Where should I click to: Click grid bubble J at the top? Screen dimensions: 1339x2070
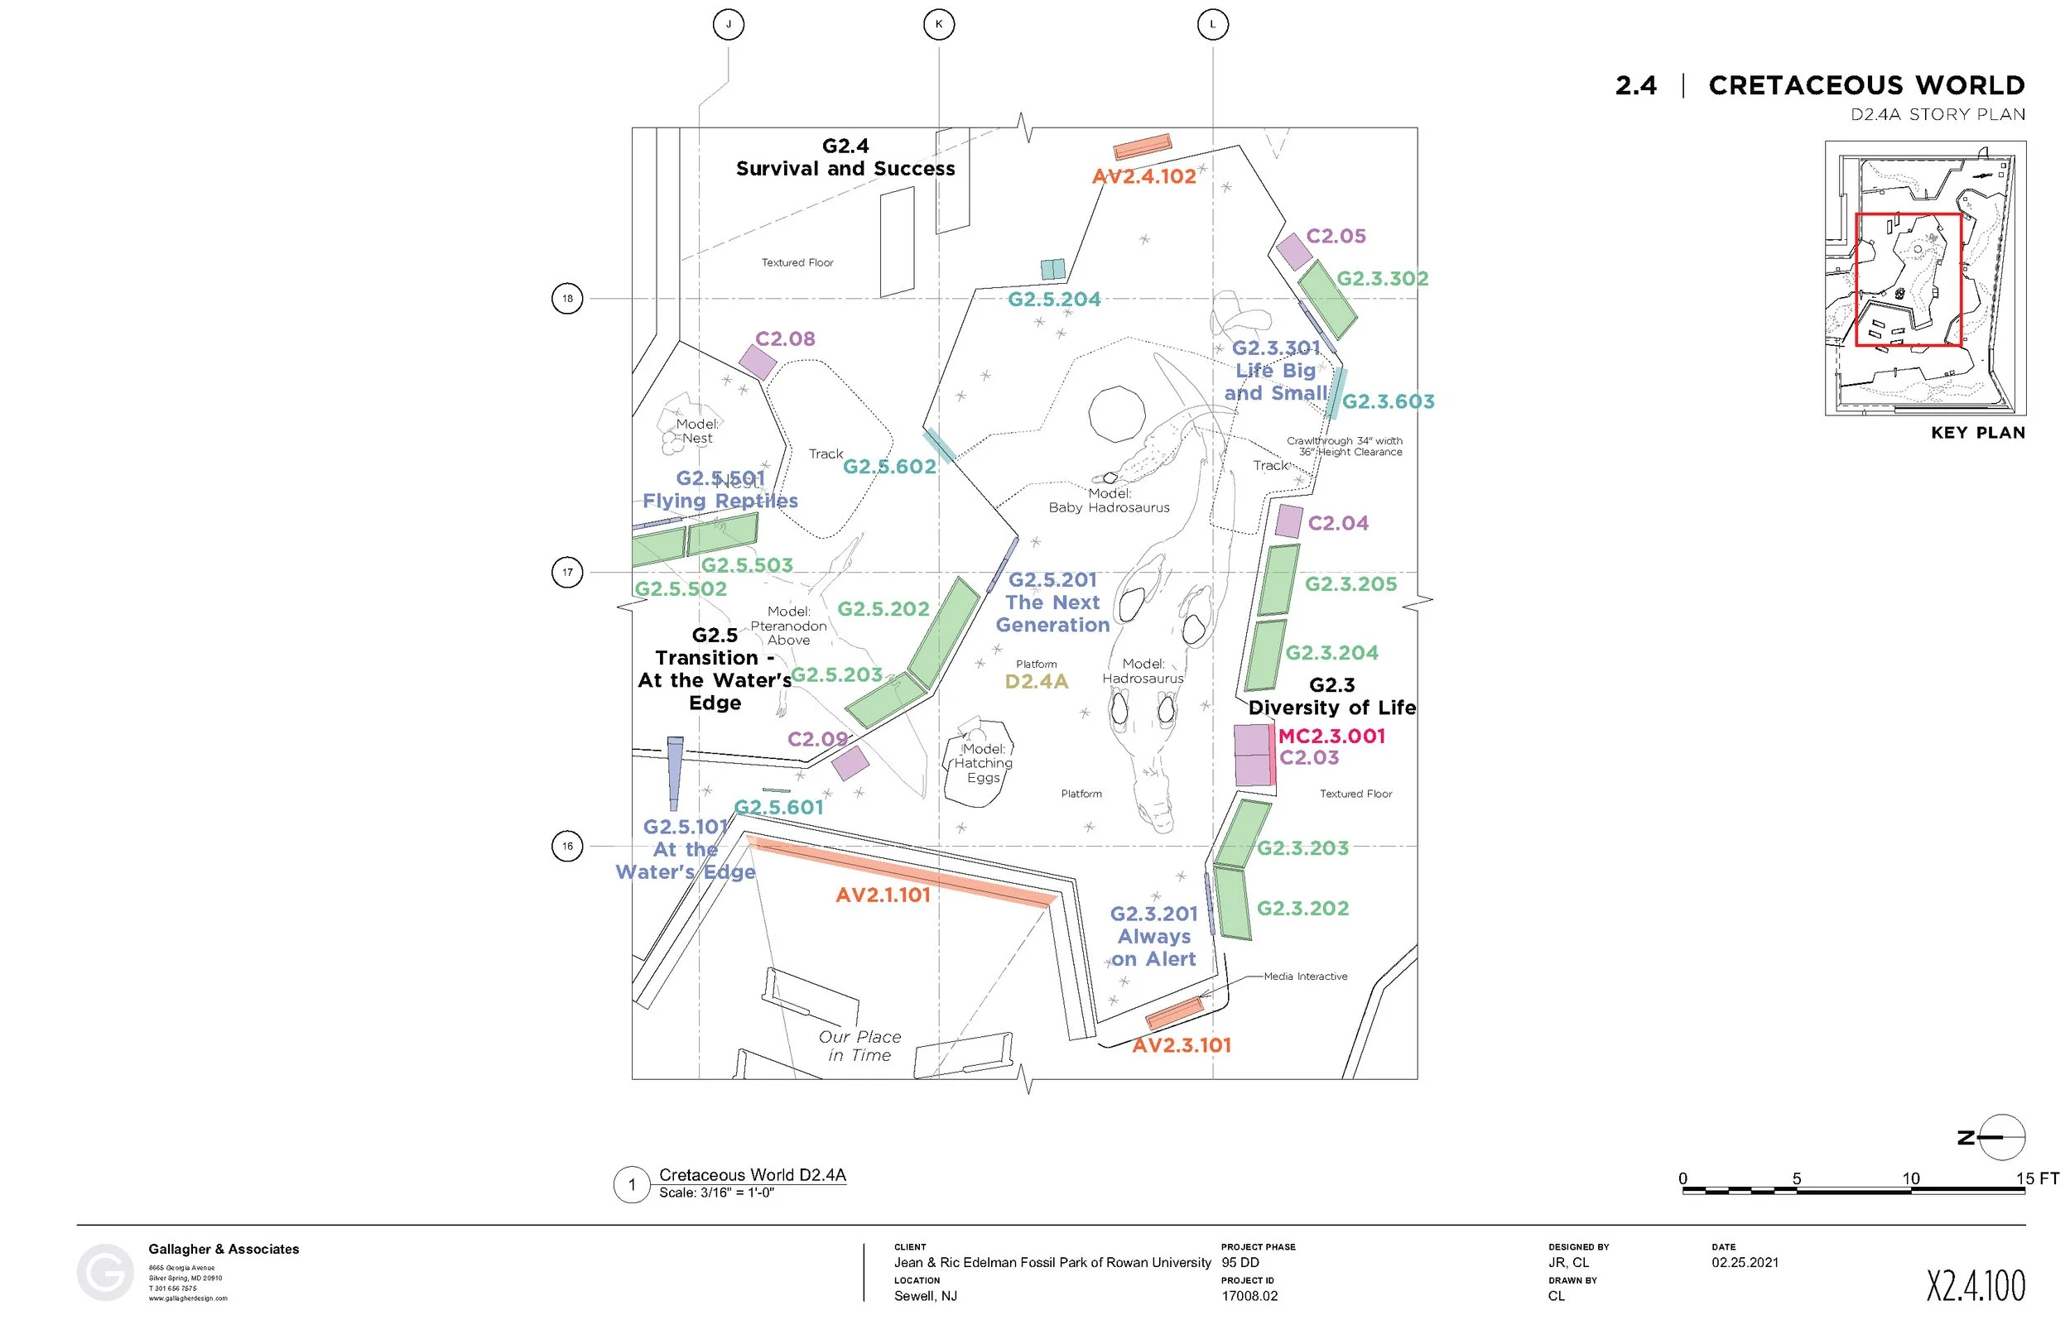[728, 24]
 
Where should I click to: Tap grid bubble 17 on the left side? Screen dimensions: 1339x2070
[567, 572]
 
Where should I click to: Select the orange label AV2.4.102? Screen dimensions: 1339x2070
[1143, 176]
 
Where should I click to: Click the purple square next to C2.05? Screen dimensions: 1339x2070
[1294, 252]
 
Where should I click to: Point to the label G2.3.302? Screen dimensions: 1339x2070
[1382, 279]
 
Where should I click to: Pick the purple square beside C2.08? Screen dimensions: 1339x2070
[758, 362]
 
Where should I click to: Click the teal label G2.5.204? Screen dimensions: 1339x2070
[1054, 299]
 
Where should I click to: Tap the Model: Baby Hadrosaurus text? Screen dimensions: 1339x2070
[1109, 501]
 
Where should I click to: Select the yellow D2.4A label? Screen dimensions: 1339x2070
[1036, 682]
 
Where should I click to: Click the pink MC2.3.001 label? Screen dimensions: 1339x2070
[1331, 737]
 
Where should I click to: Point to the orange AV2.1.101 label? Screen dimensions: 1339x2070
[883, 895]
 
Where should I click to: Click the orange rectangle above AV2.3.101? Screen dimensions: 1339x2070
[1174, 1012]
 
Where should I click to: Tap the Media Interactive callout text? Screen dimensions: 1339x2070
[1305, 977]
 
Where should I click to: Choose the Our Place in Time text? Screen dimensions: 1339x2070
[859, 1046]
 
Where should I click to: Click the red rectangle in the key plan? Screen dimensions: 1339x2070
[1909, 280]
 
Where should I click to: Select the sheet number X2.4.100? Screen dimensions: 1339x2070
[1976, 1285]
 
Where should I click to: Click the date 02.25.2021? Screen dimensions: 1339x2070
[1745, 1263]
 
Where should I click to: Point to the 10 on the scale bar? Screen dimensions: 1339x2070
[1910, 1179]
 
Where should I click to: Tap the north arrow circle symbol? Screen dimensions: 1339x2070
[2001, 1137]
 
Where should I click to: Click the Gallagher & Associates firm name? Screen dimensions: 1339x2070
[224, 1250]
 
